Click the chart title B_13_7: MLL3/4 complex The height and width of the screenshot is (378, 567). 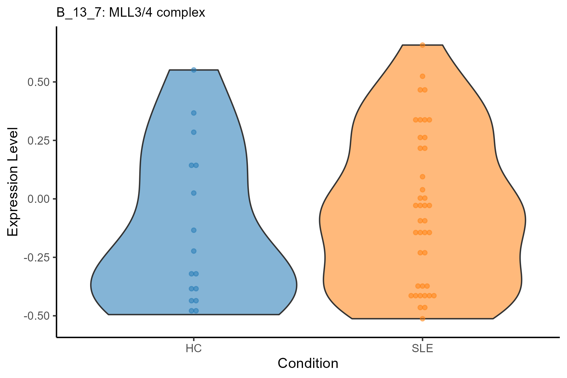[x=131, y=13]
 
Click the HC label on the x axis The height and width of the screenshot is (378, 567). [x=194, y=349]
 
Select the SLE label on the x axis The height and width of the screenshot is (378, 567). [x=422, y=349]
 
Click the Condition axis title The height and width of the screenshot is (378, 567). [x=308, y=364]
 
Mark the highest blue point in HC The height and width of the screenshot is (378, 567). [x=194, y=70]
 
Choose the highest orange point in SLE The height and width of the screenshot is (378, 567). [x=422, y=45]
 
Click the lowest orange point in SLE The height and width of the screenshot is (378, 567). [x=422, y=319]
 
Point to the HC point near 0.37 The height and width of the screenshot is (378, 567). [x=194, y=113]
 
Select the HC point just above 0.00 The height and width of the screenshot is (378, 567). [x=194, y=193]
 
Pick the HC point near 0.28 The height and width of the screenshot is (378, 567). [x=194, y=132]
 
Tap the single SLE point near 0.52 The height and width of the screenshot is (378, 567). [x=422, y=76]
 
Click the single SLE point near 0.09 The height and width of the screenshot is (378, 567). [x=422, y=177]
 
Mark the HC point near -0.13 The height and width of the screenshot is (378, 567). [x=194, y=230]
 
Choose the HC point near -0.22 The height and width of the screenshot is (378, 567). [x=194, y=251]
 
